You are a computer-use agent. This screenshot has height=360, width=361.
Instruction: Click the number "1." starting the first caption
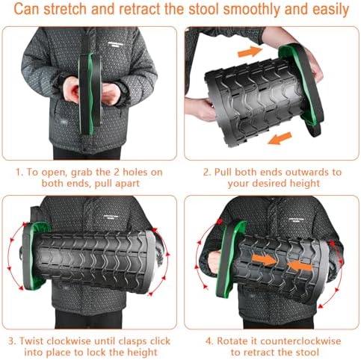(x=19, y=171)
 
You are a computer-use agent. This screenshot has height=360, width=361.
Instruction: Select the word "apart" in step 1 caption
(x=132, y=184)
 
